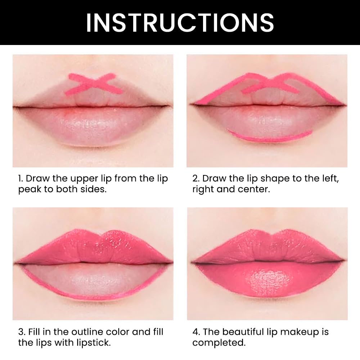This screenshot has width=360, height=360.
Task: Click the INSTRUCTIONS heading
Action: tap(180, 22)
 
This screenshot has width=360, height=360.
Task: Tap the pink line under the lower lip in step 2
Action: tap(270, 138)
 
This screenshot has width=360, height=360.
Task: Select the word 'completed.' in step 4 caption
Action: tap(219, 343)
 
